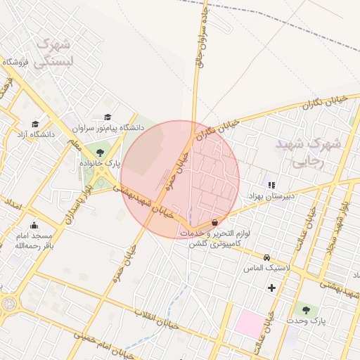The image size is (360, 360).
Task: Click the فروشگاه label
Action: pos(14,62)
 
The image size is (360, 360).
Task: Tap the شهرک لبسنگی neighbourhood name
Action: pos(53,53)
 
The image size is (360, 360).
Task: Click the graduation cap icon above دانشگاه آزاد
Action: pos(34,124)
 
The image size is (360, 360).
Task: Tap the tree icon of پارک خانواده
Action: pos(99,153)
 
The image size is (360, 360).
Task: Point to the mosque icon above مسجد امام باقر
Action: pos(34,225)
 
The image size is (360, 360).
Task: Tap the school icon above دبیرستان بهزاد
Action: pos(271,185)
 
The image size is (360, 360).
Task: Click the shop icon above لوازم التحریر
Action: pos(214,222)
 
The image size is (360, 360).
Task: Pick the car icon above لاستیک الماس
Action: pos(266,258)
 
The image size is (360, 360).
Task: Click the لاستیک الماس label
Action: pos(267,269)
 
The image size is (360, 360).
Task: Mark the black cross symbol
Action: pos(271,288)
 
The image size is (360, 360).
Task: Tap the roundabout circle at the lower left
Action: pos(9,304)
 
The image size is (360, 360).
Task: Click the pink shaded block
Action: pos(248,323)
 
